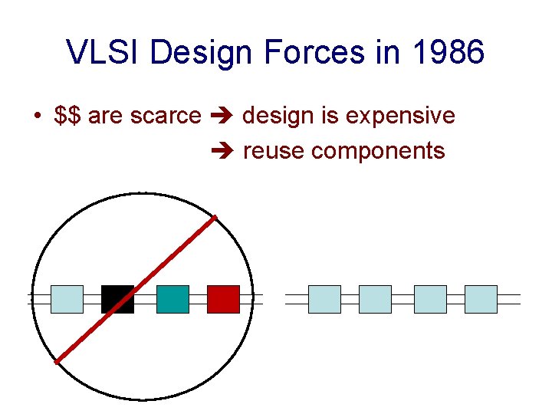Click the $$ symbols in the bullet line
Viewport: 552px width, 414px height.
click(x=69, y=116)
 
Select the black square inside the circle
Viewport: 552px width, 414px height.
click(x=117, y=299)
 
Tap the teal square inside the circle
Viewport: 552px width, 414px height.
click(x=172, y=299)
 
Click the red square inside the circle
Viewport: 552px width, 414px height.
click(x=223, y=299)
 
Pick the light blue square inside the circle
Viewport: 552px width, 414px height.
click(x=67, y=299)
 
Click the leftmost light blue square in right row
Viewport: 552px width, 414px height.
click(x=324, y=299)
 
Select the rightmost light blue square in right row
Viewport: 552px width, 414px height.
click(x=481, y=299)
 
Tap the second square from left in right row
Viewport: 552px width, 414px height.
click(x=375, y=299)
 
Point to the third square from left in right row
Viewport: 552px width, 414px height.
click(x=430, y=299)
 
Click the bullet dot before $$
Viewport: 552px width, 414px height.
click(x=37, y=117)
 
